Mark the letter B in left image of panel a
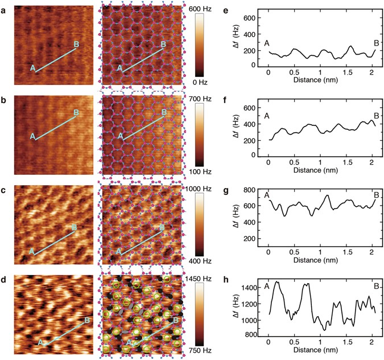77,44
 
